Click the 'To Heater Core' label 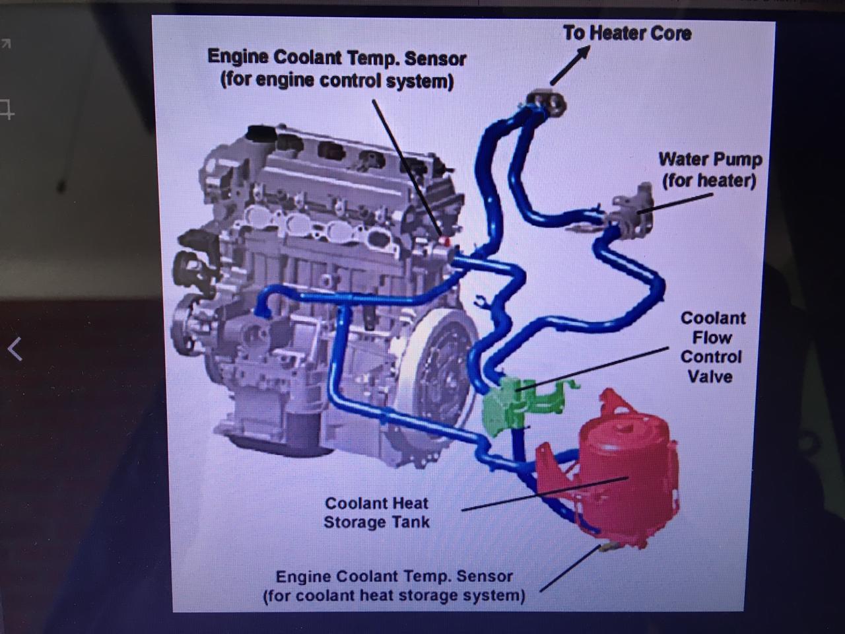point(627,33)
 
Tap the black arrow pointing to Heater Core point(570,65)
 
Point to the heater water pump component point(631,211)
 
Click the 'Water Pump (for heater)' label point(710,170)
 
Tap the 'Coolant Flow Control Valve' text point(712,347)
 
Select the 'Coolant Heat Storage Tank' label point(376,512)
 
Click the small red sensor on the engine point(446,241)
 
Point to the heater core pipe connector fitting point(547,101)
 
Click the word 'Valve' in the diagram point(710,376)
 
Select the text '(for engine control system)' point(337,81)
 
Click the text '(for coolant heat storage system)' point(394,596)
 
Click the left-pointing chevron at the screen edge point(15,349)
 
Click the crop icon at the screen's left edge point(7,109)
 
